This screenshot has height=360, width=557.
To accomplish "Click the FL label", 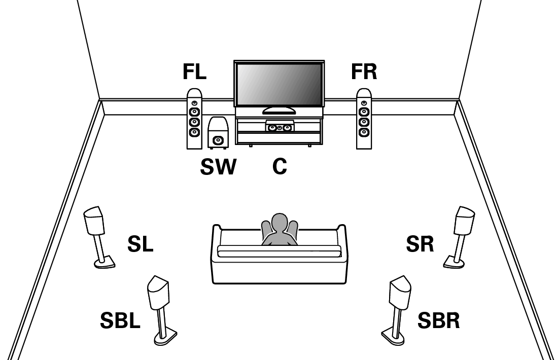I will (x=194, y=72).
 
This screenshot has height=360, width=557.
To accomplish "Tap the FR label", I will (x=364, y=72).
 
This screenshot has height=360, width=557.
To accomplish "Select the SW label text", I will (x=218, y=166).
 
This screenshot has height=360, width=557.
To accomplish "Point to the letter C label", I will (x=280, y=166).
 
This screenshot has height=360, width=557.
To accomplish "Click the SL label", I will (x=140, y=245).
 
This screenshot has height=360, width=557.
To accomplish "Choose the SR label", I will (x=420, y=245).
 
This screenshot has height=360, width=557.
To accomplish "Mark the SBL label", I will (x=120, y=320).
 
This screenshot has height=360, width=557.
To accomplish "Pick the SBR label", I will (x=439, y=320).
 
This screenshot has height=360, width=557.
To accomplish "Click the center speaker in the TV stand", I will (x=278, y=127).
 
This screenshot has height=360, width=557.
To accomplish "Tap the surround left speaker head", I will (x=94, y=220).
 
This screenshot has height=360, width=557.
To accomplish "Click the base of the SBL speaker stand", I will (x=166, y=336).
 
